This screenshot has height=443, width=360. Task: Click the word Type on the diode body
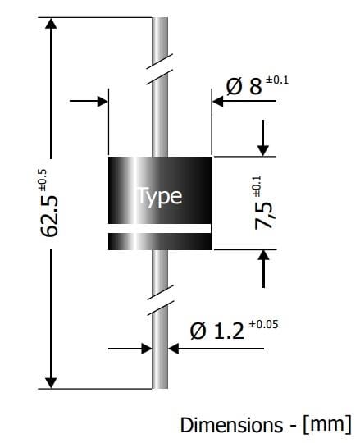(159, 197)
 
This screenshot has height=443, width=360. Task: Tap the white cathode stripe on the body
(160, 227)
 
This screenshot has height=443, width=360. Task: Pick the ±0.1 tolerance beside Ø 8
(277, 80)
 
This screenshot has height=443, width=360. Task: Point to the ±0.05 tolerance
(262, 324)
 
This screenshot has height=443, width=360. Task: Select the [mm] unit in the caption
(326, 425)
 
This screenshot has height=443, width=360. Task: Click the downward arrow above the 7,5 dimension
(263, 148)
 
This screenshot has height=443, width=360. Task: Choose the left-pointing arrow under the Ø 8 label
(219, 102)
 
